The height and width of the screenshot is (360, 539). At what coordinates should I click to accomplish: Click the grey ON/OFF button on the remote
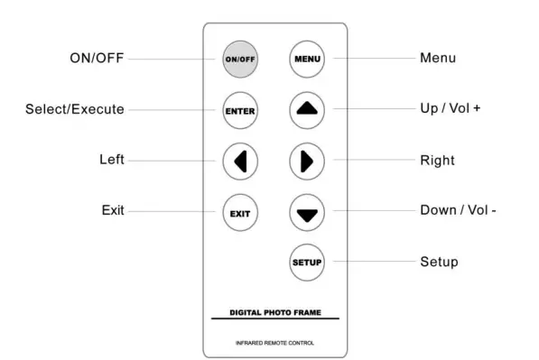pyautogui.click(x=240, y=60)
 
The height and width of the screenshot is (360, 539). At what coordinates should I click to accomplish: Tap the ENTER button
pyautogui.click(x=240, y=111)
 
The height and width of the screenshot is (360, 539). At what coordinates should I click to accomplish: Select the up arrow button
pyautogui.click(x=307, y=110)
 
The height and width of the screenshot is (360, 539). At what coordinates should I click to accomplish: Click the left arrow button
pyautogui.click(x=240, y=162)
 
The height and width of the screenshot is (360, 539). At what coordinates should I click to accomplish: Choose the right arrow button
pyautogui.click(x=307, y=162)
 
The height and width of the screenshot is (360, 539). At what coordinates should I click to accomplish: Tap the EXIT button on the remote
pyautogui.click(x=240, y=213)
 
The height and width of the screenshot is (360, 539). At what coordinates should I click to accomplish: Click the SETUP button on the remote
pyautogui.click(x=307, y=262)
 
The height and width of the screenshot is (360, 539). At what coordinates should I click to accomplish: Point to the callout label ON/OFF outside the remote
pyautogui.click(x=97, y=59)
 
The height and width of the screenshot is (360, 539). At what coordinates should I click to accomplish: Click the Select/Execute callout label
pyautogui.click(x=74, y=109)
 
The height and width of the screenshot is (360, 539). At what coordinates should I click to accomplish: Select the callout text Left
pyautogui.click(x=112, y=161)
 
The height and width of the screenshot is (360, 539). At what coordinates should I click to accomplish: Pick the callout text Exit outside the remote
pyautogui.click(x=113, y=210)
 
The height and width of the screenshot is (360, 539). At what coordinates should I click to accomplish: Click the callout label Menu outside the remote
pyautogui.click(x=438, y=59)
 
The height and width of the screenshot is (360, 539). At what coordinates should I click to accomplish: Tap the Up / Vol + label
pyautogui.click(x=451, y=109)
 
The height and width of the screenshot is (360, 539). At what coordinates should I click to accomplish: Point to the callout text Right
pyautogui.click(x=438, y=161)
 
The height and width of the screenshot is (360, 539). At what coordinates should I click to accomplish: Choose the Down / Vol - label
pyautogui.click(x=459, y=210)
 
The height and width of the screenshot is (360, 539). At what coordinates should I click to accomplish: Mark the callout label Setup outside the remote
pyautogui.click(x=440, y=262)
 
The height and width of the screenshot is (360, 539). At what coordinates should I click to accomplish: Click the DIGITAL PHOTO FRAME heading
pyautogui.click(x=275, y=312)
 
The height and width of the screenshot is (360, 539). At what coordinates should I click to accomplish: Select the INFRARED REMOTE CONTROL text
pyautogui.click(x=275, y=342)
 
